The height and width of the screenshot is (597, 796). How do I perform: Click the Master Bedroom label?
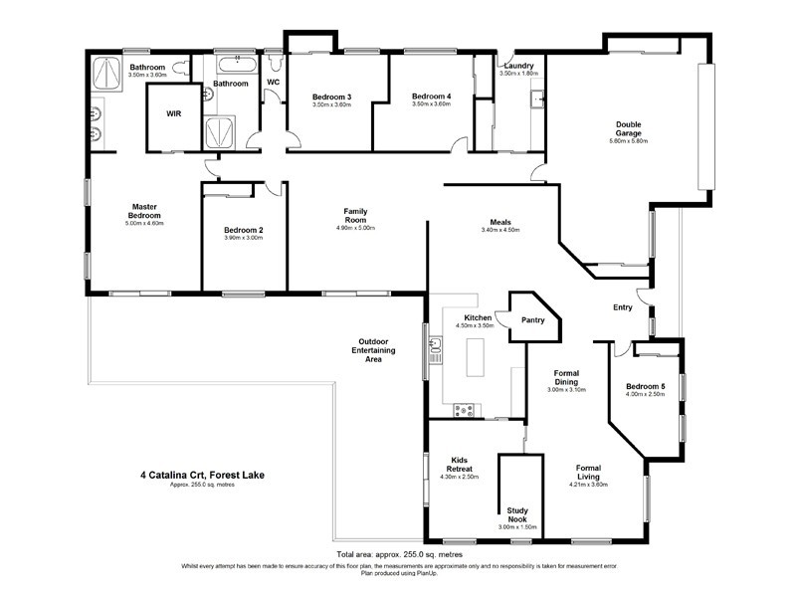coord(145,211)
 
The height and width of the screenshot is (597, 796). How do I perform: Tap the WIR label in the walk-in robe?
coord(173,113)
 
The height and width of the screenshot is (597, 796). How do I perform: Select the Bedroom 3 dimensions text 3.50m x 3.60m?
coord(331,104)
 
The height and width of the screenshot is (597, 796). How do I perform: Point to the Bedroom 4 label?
coord(432,96)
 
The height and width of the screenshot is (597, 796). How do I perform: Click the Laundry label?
coord(519,66)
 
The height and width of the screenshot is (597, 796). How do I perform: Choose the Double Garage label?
coord(628,128)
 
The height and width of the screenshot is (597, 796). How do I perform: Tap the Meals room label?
coord(500,222)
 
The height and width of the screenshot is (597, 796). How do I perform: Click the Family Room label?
coord(357,216)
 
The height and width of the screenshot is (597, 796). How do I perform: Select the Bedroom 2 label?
coord(243,230)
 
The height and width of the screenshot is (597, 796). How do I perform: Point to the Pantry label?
coord(533,320)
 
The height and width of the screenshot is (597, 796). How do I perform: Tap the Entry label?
coord(623,307)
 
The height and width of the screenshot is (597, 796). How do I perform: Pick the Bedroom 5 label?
coord(645,386)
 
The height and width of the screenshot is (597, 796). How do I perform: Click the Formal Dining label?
coord(567,377)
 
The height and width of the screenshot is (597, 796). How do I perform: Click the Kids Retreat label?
coord(459,464)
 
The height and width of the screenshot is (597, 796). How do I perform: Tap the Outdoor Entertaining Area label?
coord(374,350)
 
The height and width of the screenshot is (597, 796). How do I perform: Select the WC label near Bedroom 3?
coord(273,82)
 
